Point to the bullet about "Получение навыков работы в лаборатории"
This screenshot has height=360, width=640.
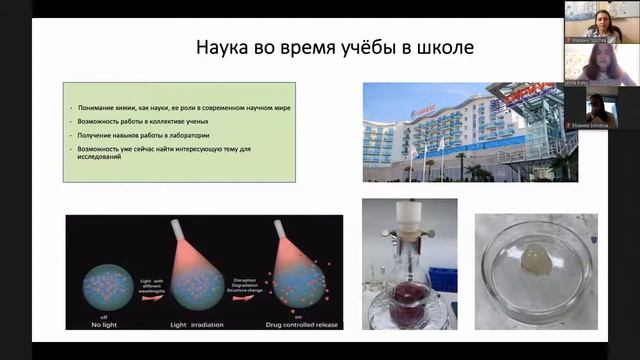(150, 134)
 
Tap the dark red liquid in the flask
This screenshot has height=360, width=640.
(407, 300)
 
